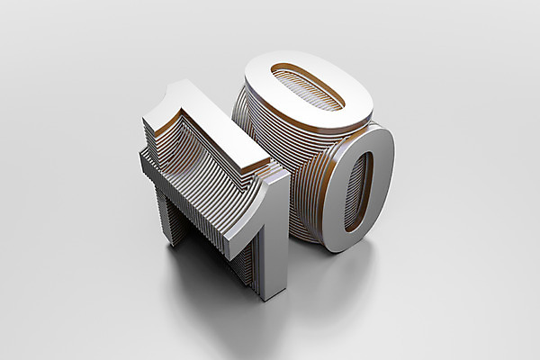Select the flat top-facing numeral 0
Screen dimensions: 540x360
point(309,90)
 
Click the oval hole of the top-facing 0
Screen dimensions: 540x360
point(308,86)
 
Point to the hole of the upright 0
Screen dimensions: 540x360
point(359,191)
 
